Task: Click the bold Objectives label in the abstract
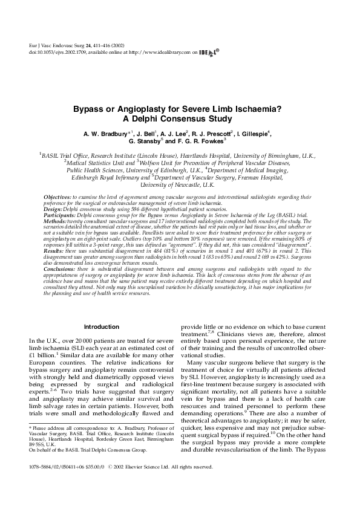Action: pyautogui.click(x=58, y=198)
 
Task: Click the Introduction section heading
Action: pyautogui.click(x=101, y=326)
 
